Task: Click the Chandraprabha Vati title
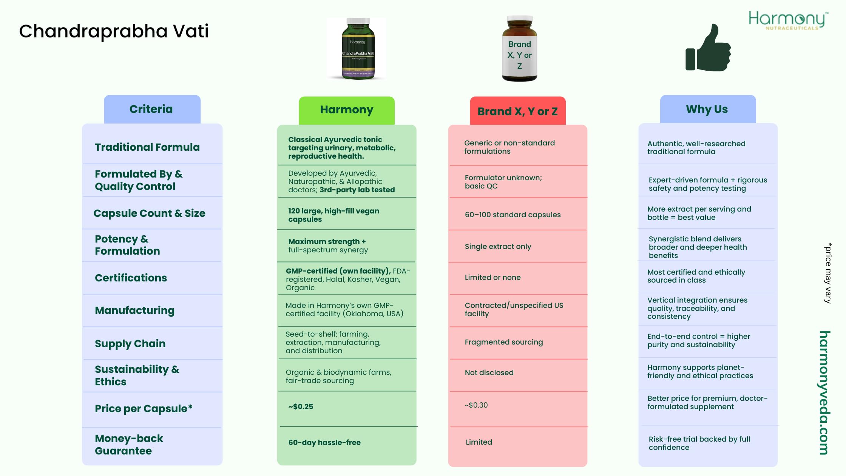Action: point(114,31)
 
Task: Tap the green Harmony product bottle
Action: point(358,49)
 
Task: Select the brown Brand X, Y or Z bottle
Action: point(519,49)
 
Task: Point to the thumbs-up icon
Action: point(708,48)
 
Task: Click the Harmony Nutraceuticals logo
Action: point(788,20)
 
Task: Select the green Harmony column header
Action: point(346,110)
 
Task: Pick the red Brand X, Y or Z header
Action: point(517,111)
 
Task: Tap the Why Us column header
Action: point(707,109)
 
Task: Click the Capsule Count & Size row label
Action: point(149,213)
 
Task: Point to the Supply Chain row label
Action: point(130,343)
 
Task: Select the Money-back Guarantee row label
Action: point(129,445)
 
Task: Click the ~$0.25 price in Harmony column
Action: point(301,406)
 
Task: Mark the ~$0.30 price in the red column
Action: point(476,405)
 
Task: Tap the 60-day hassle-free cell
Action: point(324,442)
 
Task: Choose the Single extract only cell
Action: point(498,246)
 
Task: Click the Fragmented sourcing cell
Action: point(504,342)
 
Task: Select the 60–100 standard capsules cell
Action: point(513,215)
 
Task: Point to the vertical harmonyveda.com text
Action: point(824,393)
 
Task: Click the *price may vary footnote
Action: point(828,273)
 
